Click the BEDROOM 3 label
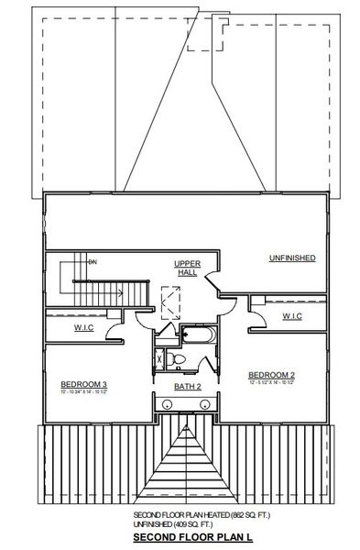point(84,383)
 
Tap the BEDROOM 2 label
point(270,375)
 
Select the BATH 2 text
point(187,387)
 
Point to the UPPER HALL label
point(187,267)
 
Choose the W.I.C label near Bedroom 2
point(290,316)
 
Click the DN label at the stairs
point(92,261)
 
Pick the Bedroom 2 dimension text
point(270,384)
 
